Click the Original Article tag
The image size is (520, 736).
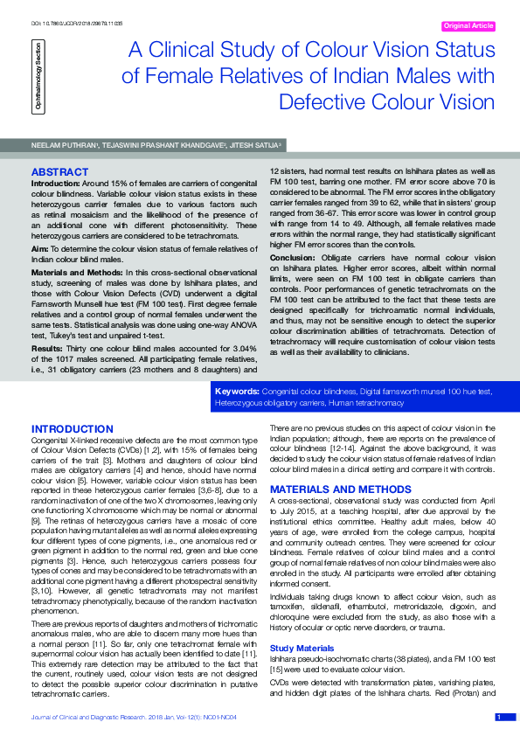469,26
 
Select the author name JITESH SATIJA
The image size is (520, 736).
254,145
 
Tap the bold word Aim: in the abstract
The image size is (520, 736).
40,249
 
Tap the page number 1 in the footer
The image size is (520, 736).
498,717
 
